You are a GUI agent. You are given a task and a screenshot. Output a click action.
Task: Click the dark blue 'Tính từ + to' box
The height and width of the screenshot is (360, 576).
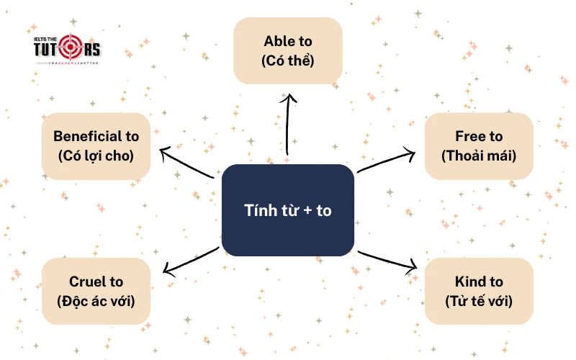[288, 210]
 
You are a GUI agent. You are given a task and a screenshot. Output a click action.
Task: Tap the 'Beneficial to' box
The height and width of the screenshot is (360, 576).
[96, 145]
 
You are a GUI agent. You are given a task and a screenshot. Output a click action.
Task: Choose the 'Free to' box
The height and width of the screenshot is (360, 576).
[479, 145]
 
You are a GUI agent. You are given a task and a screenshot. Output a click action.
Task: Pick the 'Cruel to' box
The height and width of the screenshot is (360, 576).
[96, 291]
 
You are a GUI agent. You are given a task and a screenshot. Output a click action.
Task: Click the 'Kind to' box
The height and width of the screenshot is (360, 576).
[479, 291]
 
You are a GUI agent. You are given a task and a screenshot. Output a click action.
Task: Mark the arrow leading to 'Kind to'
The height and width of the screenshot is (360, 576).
[387, 261]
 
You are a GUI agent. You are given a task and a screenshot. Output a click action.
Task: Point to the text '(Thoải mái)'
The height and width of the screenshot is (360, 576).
[479, 155]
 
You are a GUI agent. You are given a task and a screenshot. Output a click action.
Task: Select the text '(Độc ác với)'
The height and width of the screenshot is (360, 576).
[96, 300]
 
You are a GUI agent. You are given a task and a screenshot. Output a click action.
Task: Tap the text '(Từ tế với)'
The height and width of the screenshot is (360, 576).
[479, 300]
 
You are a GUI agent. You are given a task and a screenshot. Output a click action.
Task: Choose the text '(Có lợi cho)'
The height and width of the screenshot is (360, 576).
[96, 155]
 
